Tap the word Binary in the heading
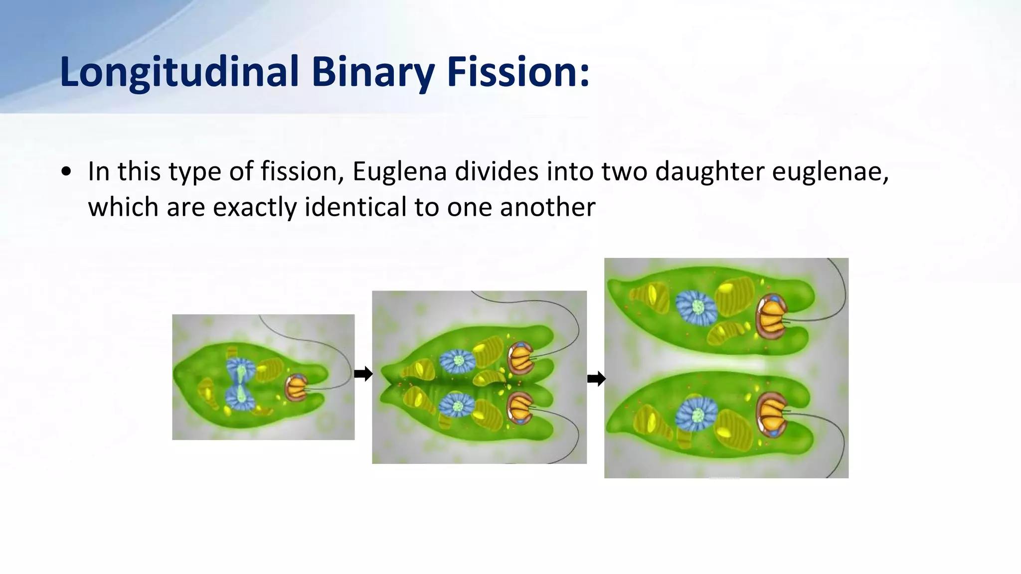point(373,72)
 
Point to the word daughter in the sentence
point(708,171)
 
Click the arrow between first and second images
point(363,374)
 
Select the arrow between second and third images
point(596,379)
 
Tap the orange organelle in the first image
point(297,388)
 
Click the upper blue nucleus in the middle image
point(458,361)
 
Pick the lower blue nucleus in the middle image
point(457,406)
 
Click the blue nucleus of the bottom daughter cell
point(697,414)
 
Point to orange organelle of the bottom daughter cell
point(771,414)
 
